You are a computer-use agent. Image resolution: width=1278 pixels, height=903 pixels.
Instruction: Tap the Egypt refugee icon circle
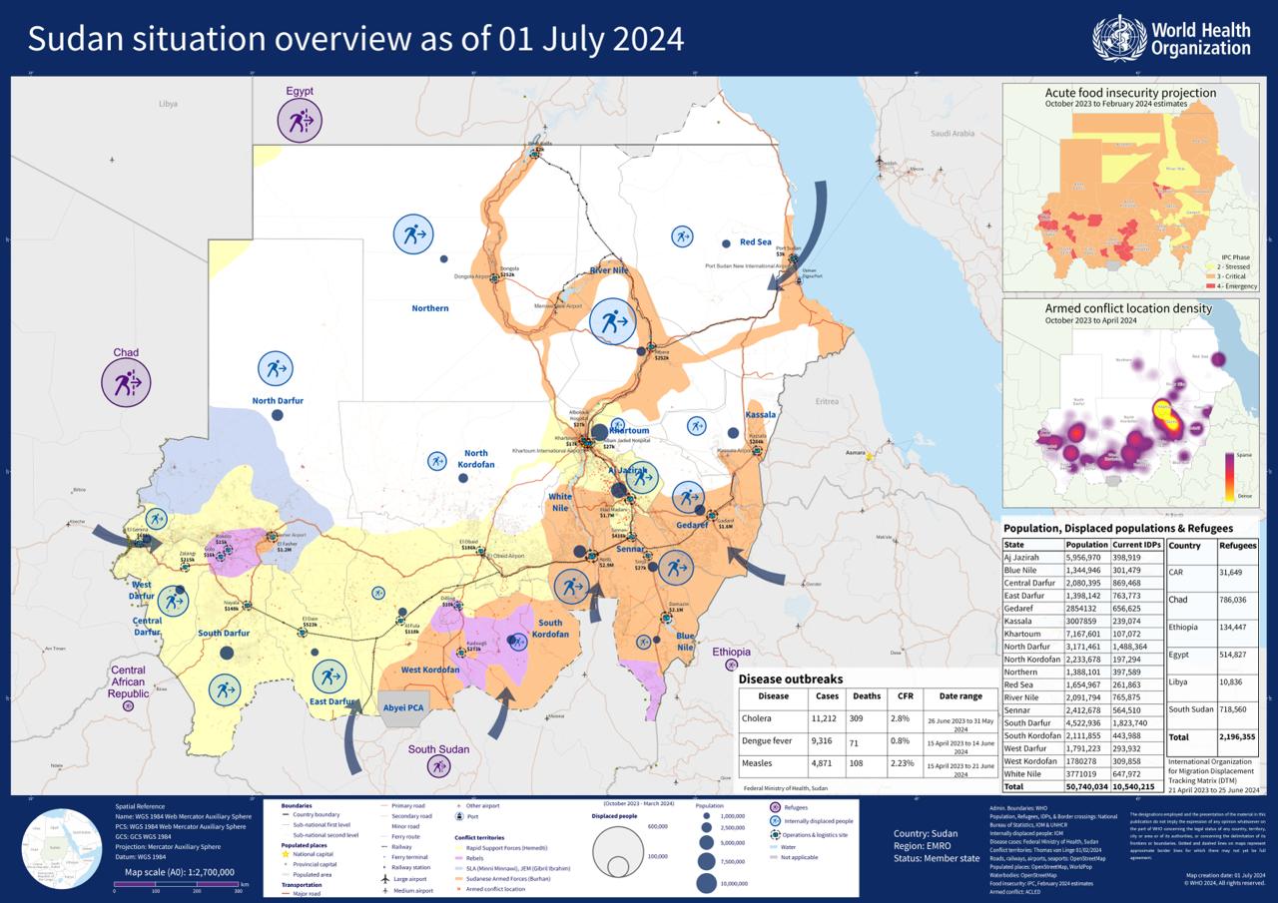point(300,122)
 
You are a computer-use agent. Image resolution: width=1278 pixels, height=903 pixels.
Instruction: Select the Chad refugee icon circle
point(126,382)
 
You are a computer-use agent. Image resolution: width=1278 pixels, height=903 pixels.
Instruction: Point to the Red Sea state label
point(755,242)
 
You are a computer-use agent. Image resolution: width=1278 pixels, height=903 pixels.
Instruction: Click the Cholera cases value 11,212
point(827,718)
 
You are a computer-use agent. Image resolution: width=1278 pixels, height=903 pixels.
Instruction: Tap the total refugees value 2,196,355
point(1237,737)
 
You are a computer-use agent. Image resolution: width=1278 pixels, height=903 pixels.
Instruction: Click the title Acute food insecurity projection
point(1130,93)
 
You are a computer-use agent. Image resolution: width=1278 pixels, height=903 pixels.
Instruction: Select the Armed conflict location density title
point(1128,308)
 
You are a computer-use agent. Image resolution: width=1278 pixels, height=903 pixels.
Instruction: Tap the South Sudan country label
point(438,749)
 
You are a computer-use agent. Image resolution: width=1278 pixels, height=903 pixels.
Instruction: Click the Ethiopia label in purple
point(731,652)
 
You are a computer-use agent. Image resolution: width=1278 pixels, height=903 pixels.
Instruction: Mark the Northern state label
point(430,308)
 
